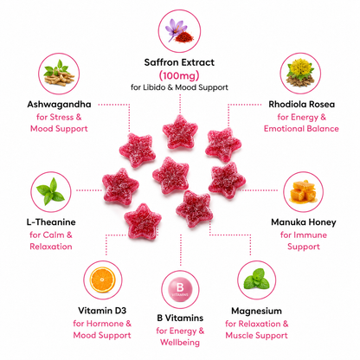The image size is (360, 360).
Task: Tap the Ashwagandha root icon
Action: (x=59, y=74)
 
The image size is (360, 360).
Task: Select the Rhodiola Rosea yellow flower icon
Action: (x=300, y=74)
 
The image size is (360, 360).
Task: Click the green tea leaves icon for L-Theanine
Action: (x=51, y=192)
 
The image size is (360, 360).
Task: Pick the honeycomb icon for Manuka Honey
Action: (x=303, y=192)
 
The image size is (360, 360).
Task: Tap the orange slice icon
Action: (x=103, y=280)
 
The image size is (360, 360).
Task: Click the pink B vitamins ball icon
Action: (x=180, y=289)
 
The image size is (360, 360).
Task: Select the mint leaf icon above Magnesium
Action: (x=257, y=280)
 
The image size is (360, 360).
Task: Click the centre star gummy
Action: (x=170, y=175)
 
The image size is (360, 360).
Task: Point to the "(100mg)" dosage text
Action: (x=179, y=75)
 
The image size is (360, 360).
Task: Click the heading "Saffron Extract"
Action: (x=179, y=62)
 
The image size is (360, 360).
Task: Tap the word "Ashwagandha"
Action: (x=59, y=105)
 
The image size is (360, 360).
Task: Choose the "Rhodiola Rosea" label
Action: (x=302, y=104)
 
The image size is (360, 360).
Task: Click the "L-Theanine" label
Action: (x=51, y=222)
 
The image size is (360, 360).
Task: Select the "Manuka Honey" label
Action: (x=304, y=222)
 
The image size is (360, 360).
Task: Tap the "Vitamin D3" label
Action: (x=102, y=311)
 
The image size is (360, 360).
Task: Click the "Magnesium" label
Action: (x=256, y=312)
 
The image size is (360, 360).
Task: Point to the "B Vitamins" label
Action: (x=180, y=318)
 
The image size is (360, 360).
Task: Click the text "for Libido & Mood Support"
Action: (x=179, y=87)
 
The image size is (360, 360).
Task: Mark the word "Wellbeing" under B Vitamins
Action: (x=180, y=343)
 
